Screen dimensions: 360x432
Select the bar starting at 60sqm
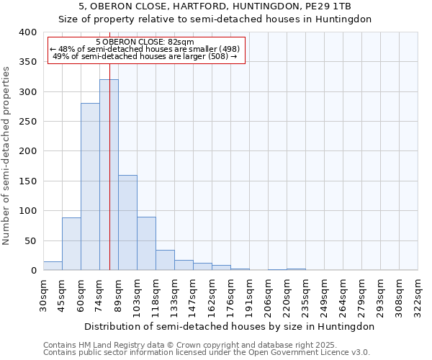(x=90, y=186)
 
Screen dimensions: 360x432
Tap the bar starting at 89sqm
(x=127, y=222)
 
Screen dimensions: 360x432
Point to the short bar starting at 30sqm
(x=53, y=266)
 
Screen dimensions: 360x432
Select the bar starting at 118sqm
(x=165, y=260)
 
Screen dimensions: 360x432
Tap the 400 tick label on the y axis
(x=27, y=32)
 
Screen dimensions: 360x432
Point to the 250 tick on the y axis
(x=27, y=122)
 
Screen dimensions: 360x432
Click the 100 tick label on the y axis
(x=27, y=211)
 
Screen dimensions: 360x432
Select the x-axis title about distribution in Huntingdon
(x=230, y=326)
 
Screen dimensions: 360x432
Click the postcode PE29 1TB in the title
(x=331, y=6)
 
